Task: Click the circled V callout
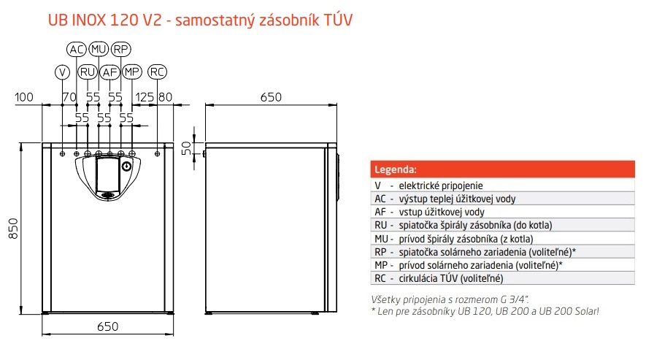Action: pyautogui.click(x=62, y=72)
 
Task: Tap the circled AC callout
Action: pyautogui.click(x=76, y=50)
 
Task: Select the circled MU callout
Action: pyautogui.click(x=99, y=50)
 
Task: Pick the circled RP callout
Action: pyautogui.click(x=120, y=50)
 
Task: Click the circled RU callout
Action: pyautogui.click(x=88, y=72)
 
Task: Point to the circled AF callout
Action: pyautogui.click(x=109, y=72)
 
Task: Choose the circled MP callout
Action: pyautogui.click(x=132, y=72)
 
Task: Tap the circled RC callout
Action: pyautogui.click(x=157, y=72)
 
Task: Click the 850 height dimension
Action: pyautogui.click(x=13, y=229)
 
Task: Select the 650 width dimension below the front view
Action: pyautogui.click(x=108, y=326)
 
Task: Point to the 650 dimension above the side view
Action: pyautogui.click(x=271, y=97)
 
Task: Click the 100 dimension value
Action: pyautogui.click(x=24, y=97)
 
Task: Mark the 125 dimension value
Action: pyautogui.click(x=145, y=97)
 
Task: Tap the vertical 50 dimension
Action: pyautogui.click(x=187, y=148)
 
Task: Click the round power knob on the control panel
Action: pyautogui.click(x=126, y=166)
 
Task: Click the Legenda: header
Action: pyautogui.click(x=396, y=169)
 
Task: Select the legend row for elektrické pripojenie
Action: pyautogui.click(x=503, y=185)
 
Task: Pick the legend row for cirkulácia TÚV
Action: pyautogui.click(x=503, y=278)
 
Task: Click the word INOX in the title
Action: pyautogui.click(x=89, y=20)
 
